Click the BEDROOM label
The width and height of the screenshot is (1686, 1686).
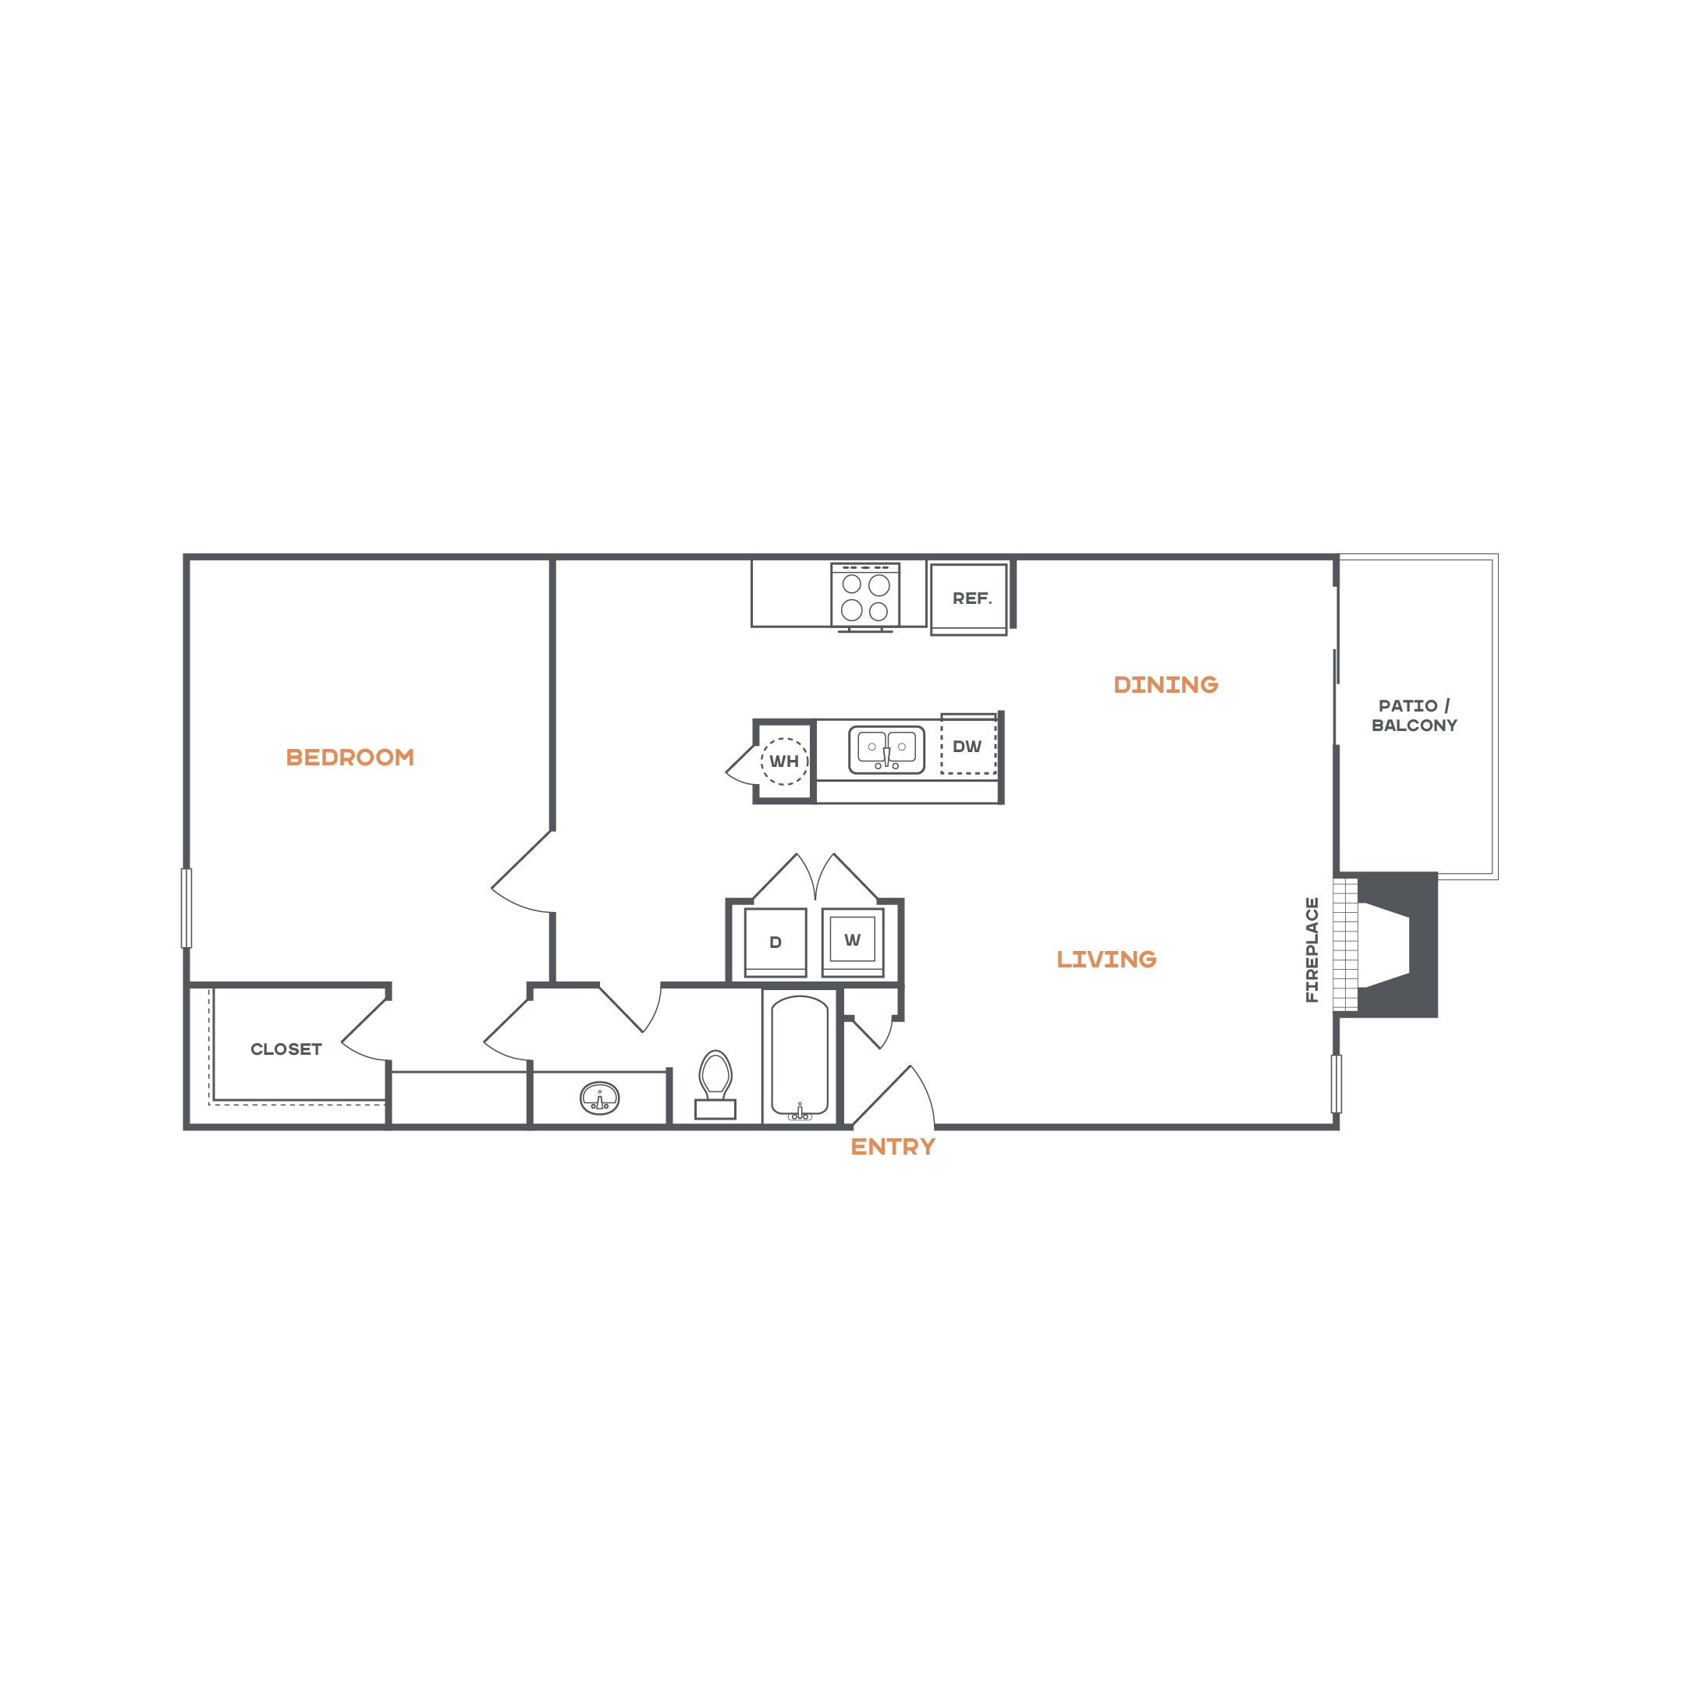tap(350, 758)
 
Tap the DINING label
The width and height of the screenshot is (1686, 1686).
tap(1166, 685)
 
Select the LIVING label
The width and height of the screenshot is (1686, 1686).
tap(1106, 960)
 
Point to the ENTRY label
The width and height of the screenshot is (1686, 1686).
tap(893, 1148)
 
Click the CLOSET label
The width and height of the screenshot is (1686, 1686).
tap(286, 1049)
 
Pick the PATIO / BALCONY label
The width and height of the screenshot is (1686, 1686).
tap(1414, 715)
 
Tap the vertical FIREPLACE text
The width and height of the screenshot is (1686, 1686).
tap(1312, 949)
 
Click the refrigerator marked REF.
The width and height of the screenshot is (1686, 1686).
tap(970, 598)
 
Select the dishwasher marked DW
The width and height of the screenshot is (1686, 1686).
tap(967, 746)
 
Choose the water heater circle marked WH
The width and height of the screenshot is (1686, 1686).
tap(783, 761)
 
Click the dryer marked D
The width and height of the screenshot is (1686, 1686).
tap(775, 942)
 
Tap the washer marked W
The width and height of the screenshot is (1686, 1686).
tap(853, 940)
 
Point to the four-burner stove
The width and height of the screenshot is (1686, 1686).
tap(864, 597)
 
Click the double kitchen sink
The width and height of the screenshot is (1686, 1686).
tap(886, 749)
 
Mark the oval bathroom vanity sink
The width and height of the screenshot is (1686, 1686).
tap(599, 1098)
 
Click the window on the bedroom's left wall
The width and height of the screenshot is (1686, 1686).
tap(186, 907)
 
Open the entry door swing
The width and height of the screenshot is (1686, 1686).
tap(903, 1098)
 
